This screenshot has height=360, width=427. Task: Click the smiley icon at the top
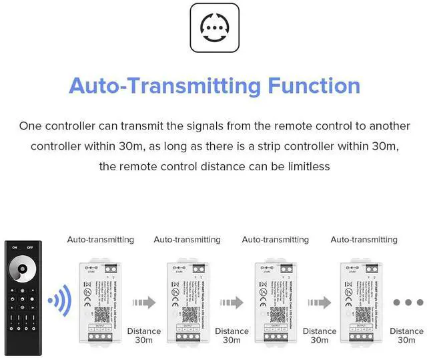(x=213, y=27)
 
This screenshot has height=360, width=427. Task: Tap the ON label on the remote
(x=12, y=248)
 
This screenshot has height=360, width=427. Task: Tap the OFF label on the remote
(x=29, y=248)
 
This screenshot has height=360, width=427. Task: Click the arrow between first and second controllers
(x=144, y=303)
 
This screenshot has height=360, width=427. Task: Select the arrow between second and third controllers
(x=232, y=303)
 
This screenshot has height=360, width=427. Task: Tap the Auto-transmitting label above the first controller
(x=101, y=240)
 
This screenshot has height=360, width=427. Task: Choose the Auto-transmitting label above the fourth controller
(x=364, y=240)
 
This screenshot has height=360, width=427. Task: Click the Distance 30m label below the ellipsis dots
(x=406, y=335)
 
